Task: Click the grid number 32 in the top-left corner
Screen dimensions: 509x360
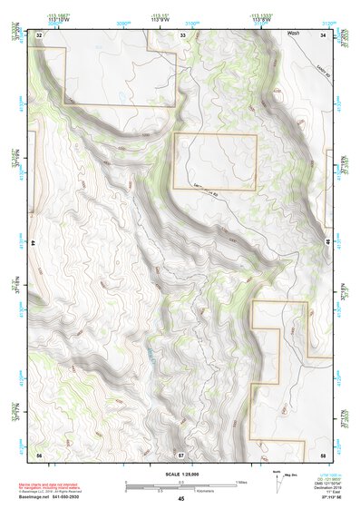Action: (40, 34)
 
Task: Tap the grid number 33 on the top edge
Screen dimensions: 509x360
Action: (182, 34)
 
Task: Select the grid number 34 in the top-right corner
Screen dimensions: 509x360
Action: (324, 34)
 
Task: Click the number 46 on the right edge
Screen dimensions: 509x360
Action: (326, 243)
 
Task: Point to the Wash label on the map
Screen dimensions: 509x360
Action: (292, 33)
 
